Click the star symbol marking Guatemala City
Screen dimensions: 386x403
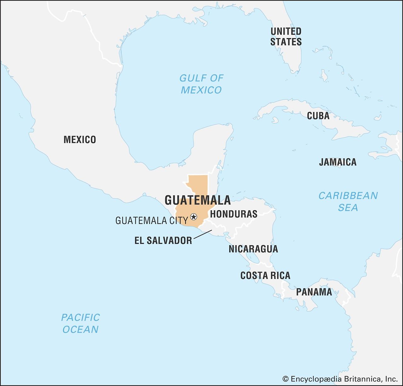(194, 217)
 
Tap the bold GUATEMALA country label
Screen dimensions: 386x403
(197, 200)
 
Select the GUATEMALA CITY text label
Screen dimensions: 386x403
(152, 221)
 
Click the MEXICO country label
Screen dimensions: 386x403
(80, 140)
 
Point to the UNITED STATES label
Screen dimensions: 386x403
(286, 37)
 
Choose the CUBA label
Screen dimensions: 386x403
(318, 116)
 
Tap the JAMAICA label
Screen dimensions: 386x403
(338, 162)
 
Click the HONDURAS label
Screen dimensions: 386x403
(234, 214)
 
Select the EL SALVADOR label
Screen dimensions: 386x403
(163, 241)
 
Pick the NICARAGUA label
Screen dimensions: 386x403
(253, 249)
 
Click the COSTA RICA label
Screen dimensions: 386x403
(265, 275)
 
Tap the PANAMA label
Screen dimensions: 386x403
(314, 292)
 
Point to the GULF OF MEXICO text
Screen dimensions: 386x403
(201, 84)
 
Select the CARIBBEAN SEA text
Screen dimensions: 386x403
(348, 202)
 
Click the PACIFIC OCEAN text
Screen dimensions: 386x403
(81, 323)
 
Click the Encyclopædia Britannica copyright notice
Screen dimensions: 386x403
(340, 379)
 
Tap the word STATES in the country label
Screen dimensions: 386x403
(286, 42)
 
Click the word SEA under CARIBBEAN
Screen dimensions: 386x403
(348, 208)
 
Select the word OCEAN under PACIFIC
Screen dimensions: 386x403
(81, 329)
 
